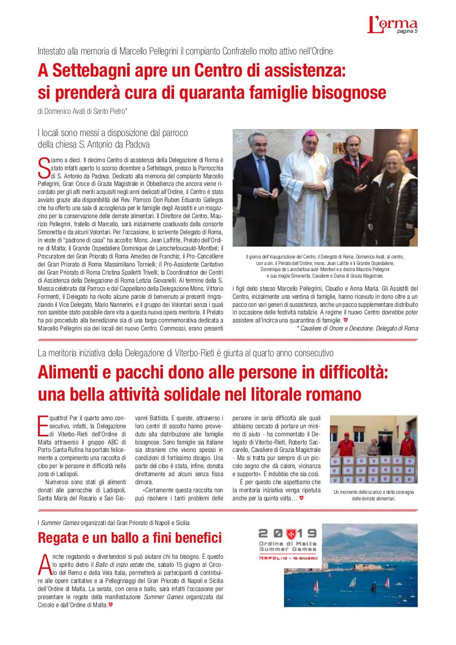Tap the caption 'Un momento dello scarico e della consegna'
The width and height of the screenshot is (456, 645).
[x=373, y=492]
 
